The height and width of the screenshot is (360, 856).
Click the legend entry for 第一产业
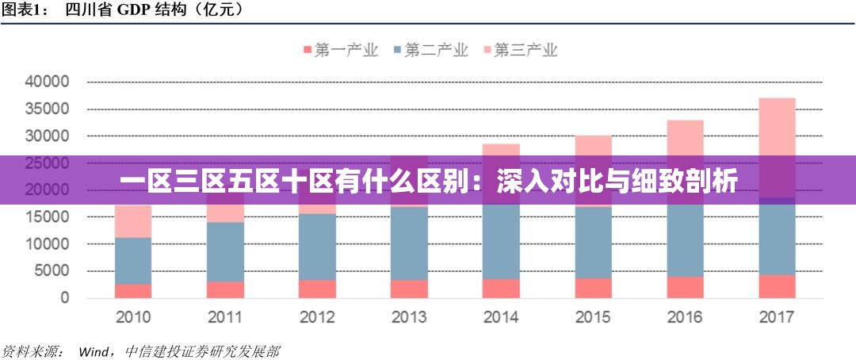[x=341, y=50]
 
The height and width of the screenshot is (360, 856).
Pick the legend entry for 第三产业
[x=521, y=50]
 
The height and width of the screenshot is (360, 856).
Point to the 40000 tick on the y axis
[x=48, y=82]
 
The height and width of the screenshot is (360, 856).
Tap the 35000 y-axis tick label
[x=48, y=109]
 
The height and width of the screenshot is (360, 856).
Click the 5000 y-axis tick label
[x=52, y=271]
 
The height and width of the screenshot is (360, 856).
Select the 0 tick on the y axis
[x=65, y=299]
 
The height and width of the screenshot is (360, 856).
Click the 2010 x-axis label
[x=133, y=318]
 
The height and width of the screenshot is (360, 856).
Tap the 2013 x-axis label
[x=409, y=318]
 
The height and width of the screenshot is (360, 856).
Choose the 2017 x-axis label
[x=777, y=318]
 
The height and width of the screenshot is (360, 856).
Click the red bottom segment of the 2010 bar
[x=133, y=291]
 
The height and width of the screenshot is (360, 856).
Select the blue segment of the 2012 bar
[x=317, y=247]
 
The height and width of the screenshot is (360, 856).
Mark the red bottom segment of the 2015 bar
[x=593, y=288]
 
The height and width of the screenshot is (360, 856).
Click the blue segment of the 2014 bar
[x=501, y=242]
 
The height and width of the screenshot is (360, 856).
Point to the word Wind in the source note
[x=94, y=350]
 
